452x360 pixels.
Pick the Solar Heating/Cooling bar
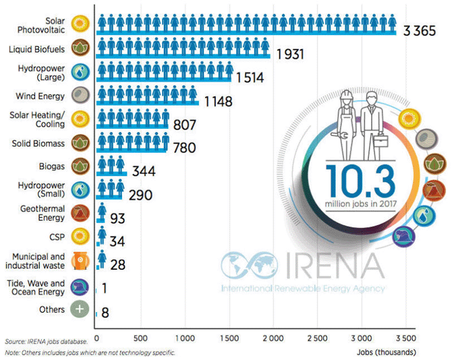(x=132, y=119)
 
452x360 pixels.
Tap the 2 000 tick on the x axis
(x=273, y=337)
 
